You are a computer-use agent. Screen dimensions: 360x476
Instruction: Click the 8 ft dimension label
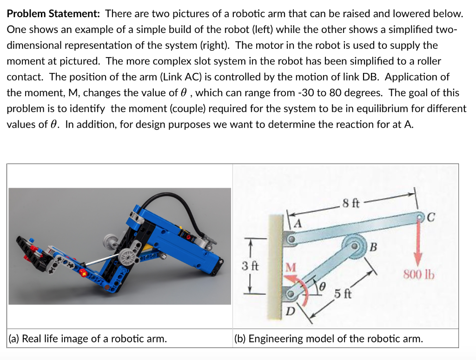pyautogui.click(x=350, y=203)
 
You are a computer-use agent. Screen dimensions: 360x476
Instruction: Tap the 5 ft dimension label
pyautogui.click(x=342, y=294)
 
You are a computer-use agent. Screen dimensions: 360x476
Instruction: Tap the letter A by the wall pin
pyautogui.click(x=298, y=224)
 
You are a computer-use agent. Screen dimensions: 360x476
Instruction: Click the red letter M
pyautogui.click(x=290, y=268)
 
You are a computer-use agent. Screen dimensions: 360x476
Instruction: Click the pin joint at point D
pyautogui.click(x=291, y=294)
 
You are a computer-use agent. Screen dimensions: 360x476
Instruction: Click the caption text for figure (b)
pyautogui.click(x=329, y=339)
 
